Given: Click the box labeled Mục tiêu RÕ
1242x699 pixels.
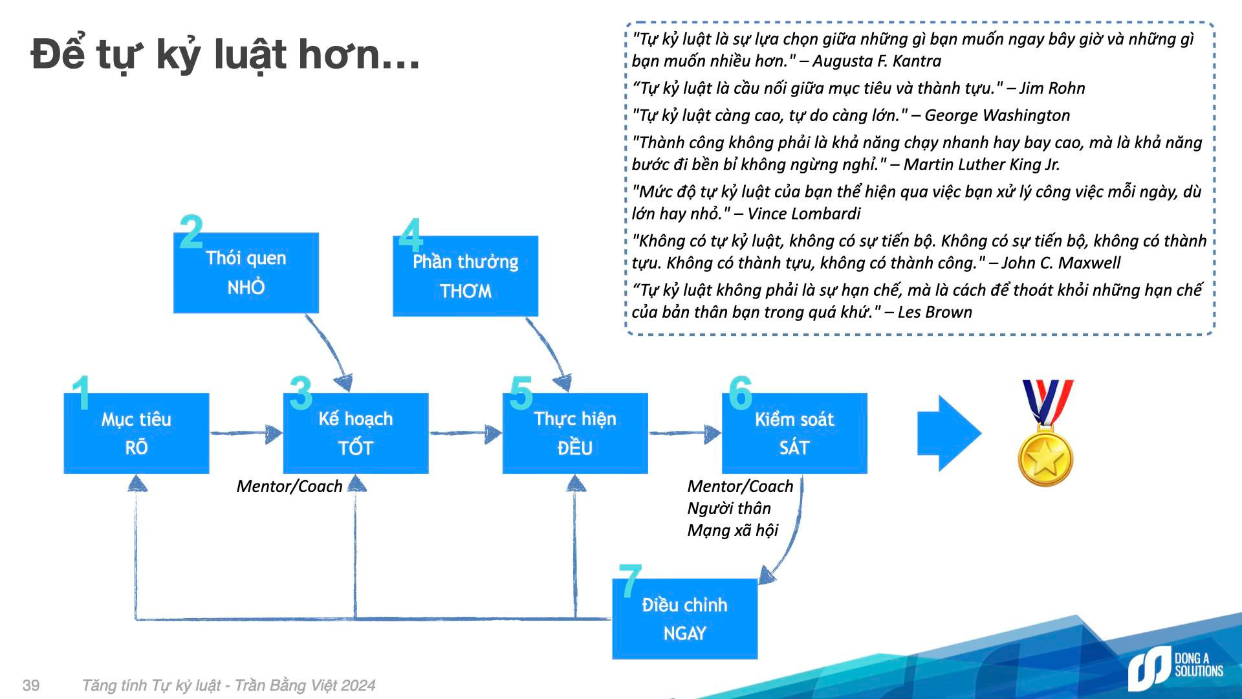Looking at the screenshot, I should coord(136,433).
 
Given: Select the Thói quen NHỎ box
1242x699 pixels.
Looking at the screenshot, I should coord(246,272).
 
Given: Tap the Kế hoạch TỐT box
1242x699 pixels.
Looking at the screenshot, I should coord(356,433).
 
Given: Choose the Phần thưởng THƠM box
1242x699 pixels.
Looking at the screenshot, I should coord(465,276).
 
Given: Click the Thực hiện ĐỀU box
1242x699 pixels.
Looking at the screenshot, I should coord(575,433).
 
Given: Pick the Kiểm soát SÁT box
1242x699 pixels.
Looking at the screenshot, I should coord(794,433).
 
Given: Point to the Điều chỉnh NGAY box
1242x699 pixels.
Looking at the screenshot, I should coord(684,619).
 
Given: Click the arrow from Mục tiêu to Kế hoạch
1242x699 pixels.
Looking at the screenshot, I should coord(246,433).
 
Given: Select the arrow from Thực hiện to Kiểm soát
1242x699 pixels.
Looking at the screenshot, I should coord(685,433).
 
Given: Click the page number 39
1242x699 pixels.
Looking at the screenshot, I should coord(31,685).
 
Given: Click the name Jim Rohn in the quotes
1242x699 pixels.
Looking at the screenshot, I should coord(1052,88).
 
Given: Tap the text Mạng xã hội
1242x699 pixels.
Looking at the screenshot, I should coord(733,530).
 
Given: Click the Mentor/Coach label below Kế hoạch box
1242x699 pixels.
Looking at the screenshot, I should coord(289,486).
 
